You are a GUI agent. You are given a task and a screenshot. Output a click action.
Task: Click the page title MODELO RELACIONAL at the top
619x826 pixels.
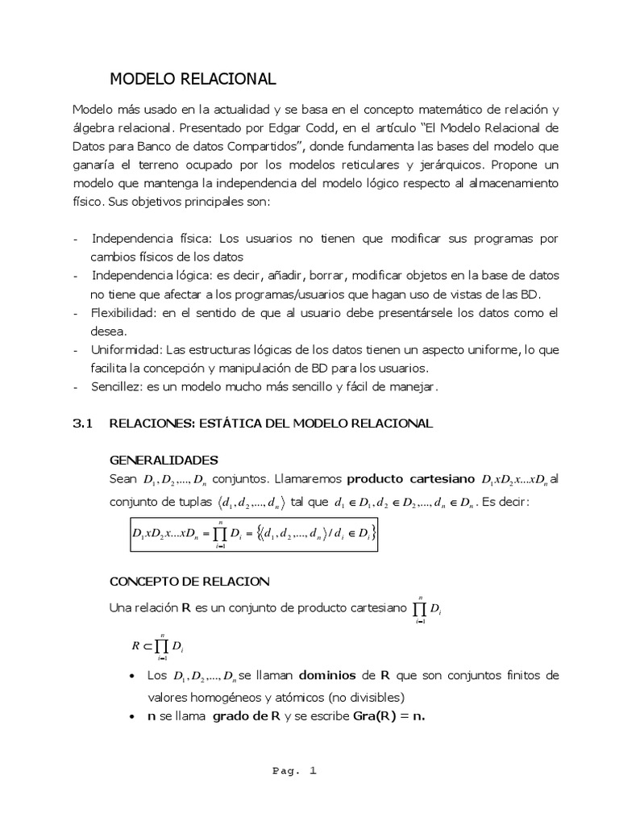tap(193, 78)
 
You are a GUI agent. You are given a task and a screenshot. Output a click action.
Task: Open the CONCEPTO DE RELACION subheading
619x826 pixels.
tap(189, 582)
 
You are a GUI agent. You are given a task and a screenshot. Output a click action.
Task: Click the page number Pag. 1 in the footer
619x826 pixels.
tap(295, 771)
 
